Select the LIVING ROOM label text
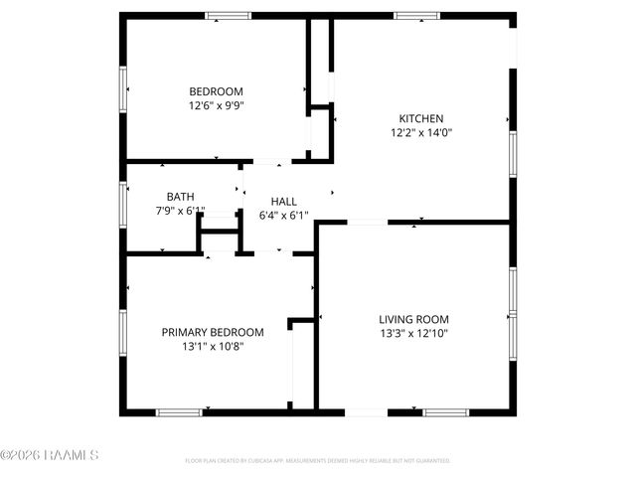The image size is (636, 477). [413, 319]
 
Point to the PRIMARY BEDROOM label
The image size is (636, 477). [213, 332]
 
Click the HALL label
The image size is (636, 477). [284, 201]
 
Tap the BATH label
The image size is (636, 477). [180, 196]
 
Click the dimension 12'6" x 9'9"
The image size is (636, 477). [217, 104]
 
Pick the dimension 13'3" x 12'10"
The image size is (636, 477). [413, 334]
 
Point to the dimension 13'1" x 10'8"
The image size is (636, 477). [213, 347]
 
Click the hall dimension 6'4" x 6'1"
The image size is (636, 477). [284, 215]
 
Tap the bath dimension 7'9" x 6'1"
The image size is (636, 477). [180, 210]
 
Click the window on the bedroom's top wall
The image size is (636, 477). [229, 15]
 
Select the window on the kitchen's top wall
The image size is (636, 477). [416, 15]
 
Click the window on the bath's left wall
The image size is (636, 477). [123, 202]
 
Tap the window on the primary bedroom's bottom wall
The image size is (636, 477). [180, 411]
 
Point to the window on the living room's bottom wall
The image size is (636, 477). [446, 411]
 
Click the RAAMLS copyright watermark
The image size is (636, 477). [50, 455]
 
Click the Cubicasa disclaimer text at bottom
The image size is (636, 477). [318, 461]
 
